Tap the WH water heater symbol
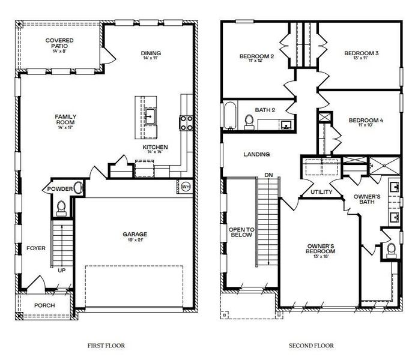pos(186,186)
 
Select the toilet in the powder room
pos(60,206)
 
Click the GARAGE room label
pos(135,234)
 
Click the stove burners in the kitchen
pos(186,122)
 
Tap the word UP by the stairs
pos(61,271)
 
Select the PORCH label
pos(44,305)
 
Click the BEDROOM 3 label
pos(361,53)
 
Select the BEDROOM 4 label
pos(366,120)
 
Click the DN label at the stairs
pos(268,175)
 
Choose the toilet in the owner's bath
pos(392,248)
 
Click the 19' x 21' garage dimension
pos(135,241)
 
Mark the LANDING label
pos(256,154)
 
